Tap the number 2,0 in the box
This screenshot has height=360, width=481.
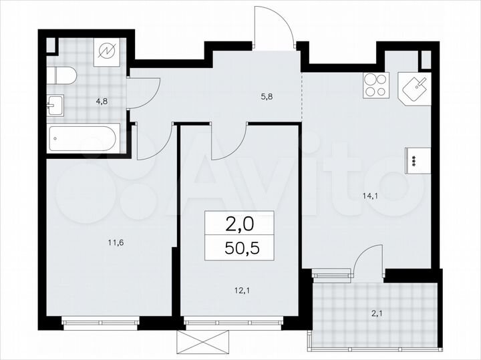(x=239, y=222)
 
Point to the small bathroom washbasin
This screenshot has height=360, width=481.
(x=55, y=104)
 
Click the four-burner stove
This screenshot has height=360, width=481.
(x=375, y=85)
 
